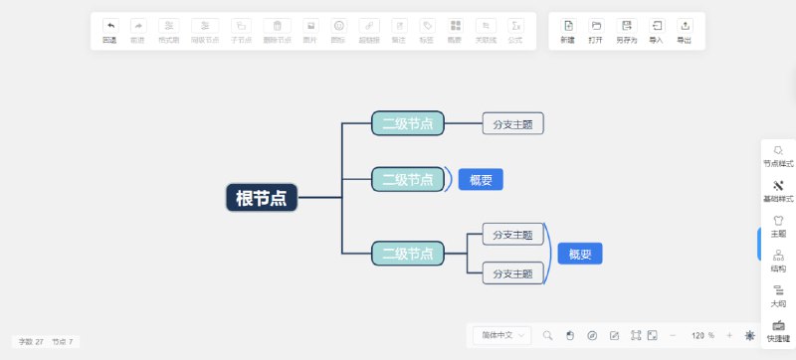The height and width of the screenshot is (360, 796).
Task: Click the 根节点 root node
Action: [x=262, y=198]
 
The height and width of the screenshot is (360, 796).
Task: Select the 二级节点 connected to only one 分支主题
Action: [x=408, y=124]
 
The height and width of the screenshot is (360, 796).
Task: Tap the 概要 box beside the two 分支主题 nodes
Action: [x=580, y=254]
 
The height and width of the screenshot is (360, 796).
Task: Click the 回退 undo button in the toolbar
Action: [x=109, y=31]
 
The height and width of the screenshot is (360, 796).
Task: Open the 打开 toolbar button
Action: [x=596, y=31]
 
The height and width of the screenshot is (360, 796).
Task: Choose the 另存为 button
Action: [x=626, y=31]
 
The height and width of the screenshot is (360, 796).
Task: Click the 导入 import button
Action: [x=657, y=31]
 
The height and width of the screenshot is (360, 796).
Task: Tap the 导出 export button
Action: [x=685, y=31]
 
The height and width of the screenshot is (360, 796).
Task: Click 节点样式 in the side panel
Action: [x=778, y=156]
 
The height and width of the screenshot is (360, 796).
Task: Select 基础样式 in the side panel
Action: [x=778, y=191]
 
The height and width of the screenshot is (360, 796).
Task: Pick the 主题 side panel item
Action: [x=778, y=226]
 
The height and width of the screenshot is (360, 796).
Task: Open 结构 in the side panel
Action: [x=778, y=261]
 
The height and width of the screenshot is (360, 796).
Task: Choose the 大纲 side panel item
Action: [x=778, y=295]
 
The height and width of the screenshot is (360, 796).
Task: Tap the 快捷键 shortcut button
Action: [x=778, y=330]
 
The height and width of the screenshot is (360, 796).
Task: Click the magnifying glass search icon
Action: [x=547, y=335]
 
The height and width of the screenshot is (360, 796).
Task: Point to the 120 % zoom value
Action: [x=703, y=335]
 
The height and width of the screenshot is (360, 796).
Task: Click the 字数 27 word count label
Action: [x=31, y=341]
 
